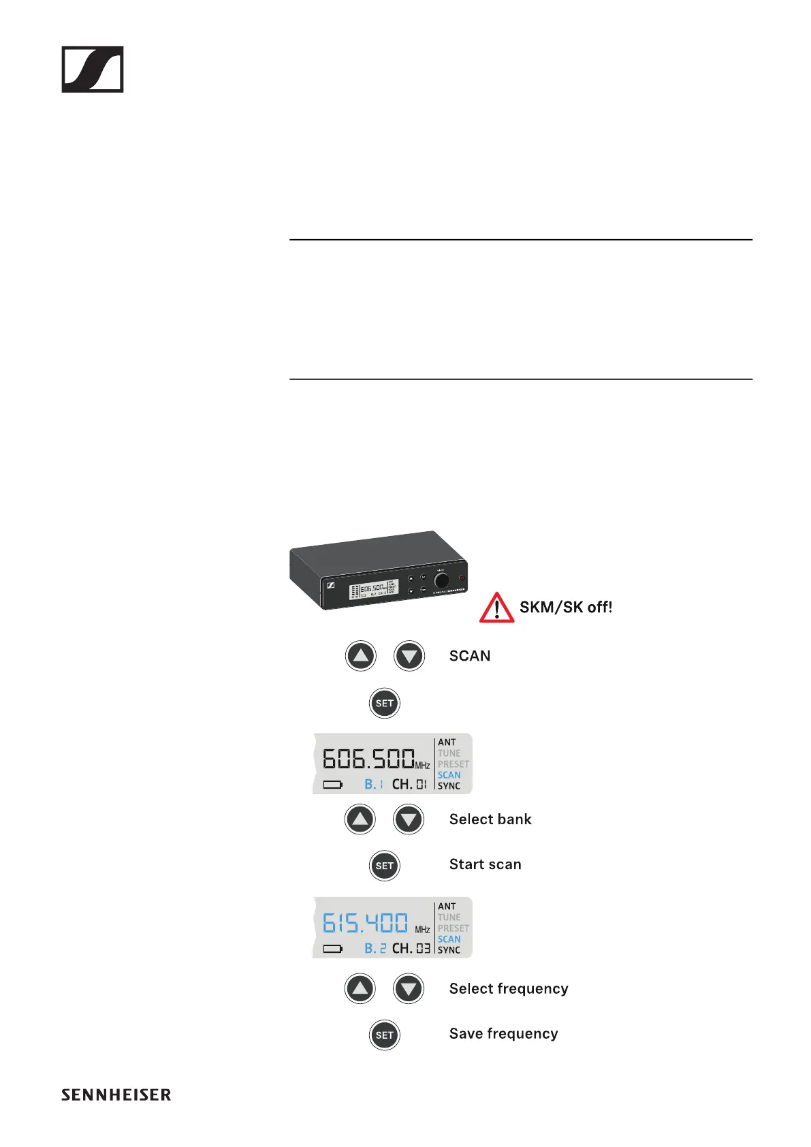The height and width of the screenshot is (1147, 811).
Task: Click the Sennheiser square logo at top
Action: [93, 69]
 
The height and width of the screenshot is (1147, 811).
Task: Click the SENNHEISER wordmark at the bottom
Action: [116, 1095]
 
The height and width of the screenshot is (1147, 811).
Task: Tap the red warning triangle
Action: [496, 608]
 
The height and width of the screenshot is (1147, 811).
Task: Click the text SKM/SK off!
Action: [565, 607]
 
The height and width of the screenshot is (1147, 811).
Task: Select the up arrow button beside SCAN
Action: [361, 656]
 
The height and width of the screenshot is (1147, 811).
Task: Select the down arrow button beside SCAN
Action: [409, 656]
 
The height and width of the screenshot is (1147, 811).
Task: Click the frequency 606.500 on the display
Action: [368, 758]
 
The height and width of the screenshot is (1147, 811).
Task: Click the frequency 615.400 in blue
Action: [366, 923]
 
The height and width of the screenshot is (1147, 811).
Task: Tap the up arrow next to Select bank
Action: [360, 819]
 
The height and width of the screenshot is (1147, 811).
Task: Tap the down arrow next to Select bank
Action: [409, 819]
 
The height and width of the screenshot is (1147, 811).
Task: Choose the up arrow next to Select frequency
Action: [360, 988]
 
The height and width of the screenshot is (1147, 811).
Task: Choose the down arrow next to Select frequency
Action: [409, 988]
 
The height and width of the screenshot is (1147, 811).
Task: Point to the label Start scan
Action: [485, 864]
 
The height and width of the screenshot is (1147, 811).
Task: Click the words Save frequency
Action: [503, 1034]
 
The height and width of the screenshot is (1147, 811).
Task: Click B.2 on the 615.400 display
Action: [375, 948]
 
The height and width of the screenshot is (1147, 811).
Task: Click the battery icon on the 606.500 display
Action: [333, 785]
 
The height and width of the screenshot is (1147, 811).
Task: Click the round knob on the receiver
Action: [442, 580]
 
